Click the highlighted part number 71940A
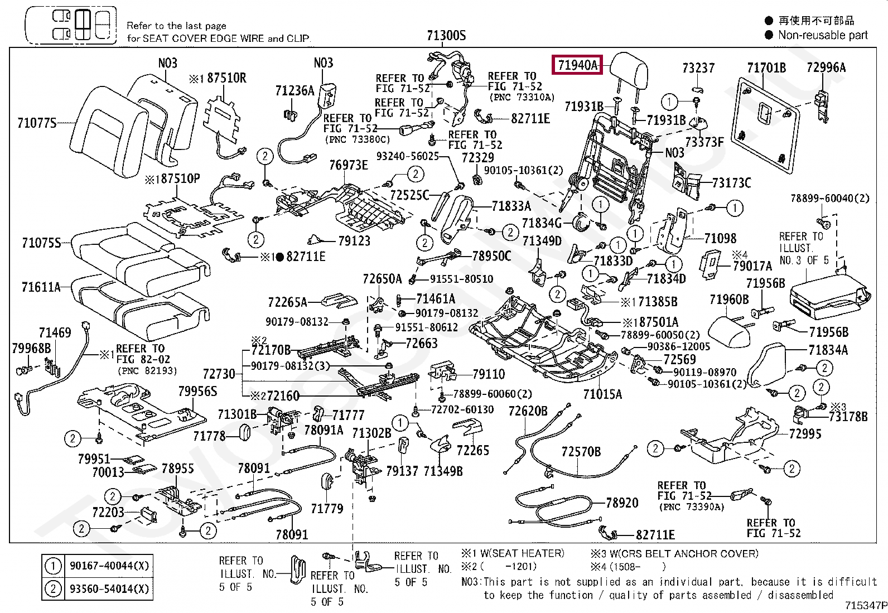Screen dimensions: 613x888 coord(577,65)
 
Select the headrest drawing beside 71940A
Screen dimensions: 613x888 coord(629,70)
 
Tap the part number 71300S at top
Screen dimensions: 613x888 coord(446,36)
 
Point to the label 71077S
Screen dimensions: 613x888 coord(37,123)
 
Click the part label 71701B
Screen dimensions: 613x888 coord(766,68)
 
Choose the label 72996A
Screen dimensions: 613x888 coord(826,68)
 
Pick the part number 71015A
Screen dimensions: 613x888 coord(602,394)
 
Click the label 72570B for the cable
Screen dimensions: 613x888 coord(581,452)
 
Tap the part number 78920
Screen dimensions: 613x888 coord(622,503)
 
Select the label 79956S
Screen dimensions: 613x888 coord(197,392)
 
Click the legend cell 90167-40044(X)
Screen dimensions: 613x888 coord(109,566)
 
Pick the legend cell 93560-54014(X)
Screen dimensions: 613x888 coord(109,589)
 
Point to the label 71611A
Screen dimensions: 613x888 coord(41,287)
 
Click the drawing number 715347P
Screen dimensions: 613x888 coord(865,605)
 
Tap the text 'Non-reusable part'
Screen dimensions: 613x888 coord(823,35)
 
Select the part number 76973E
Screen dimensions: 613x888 coord(348,165)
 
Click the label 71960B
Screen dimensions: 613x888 coord(728,300)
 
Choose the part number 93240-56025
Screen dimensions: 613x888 coord(408,157)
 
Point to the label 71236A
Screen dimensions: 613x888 coord(295,91)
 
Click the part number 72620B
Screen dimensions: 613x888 coord(528,412)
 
